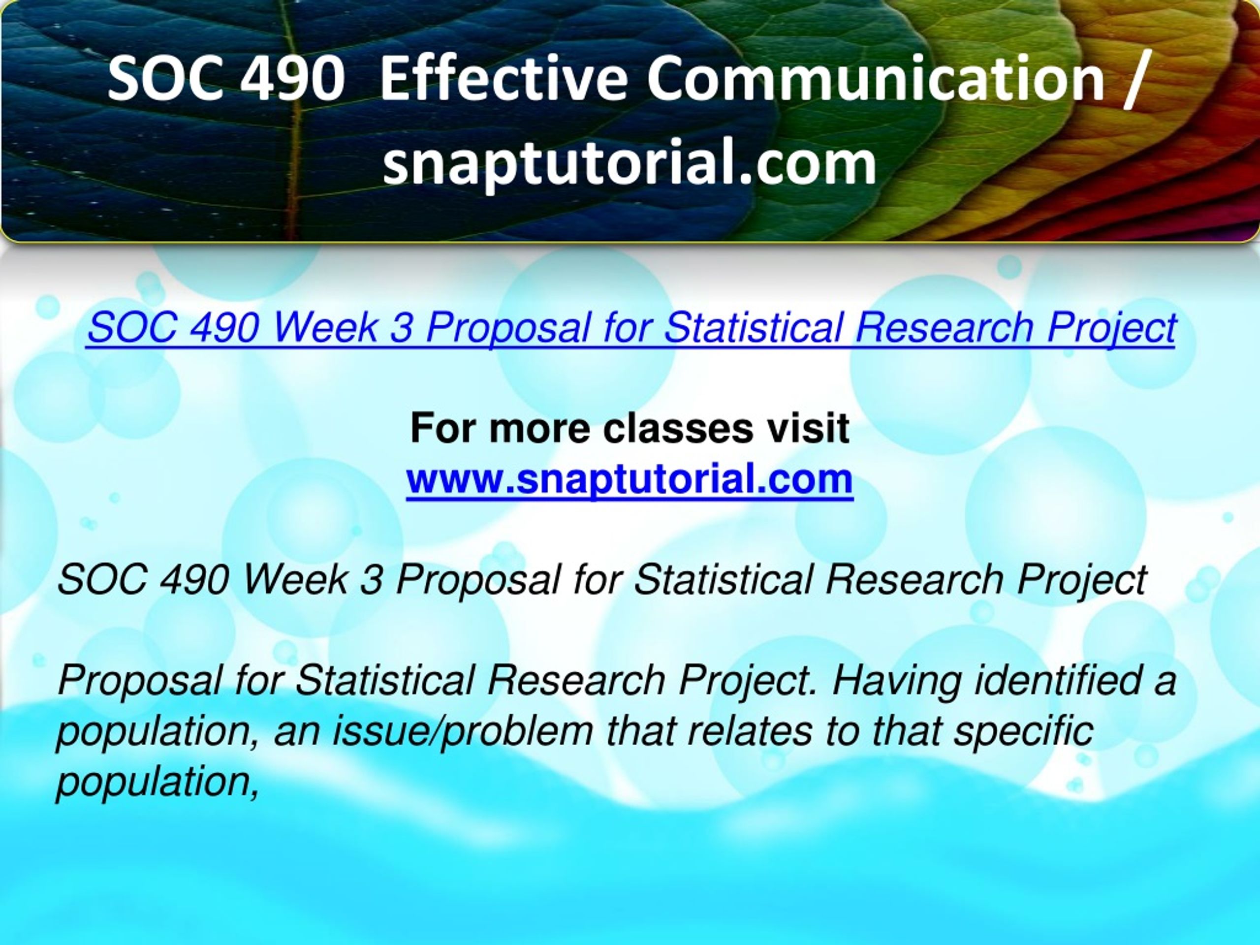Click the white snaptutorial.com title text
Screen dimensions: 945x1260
point(629,164)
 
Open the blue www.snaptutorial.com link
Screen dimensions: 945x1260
point(630,479)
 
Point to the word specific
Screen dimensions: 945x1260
point(1022,732)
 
